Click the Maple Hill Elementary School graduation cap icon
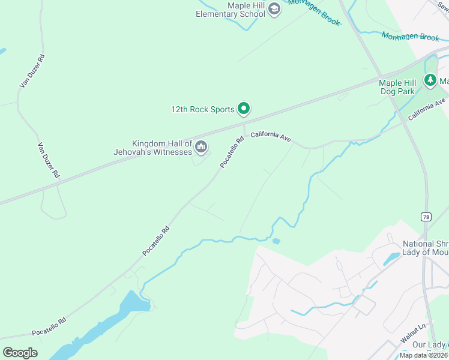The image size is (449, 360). [274, 9]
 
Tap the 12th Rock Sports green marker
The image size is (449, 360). [244, 109]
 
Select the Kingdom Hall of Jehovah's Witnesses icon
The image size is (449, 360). [201, 146]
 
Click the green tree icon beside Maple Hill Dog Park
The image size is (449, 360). [430, 80]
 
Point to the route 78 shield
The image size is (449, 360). [426, 217]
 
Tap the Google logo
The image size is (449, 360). [20, 352]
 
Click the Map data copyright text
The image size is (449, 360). [424, 355]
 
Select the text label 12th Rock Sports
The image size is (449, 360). [203, 110]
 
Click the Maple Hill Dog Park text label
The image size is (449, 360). [397, 87]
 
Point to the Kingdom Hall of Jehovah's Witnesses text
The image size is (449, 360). [153, 148]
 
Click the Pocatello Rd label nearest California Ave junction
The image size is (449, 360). [232, 152]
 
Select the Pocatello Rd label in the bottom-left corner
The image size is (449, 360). [49, 326]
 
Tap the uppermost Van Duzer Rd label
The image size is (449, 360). [32, 71]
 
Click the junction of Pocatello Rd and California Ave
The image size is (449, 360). [244, 133]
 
